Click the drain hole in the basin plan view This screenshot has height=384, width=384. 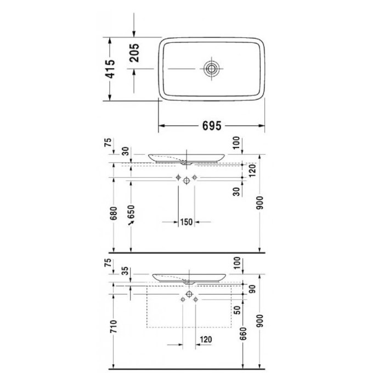coord(211,69)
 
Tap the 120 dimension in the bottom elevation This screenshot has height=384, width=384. coord(206,340)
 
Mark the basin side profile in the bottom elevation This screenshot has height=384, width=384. coord(189,278)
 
